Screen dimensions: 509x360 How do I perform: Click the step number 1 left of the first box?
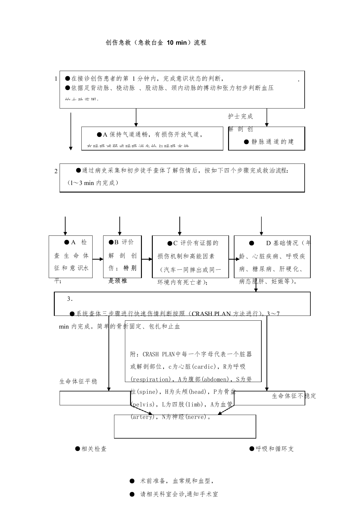[56, 79]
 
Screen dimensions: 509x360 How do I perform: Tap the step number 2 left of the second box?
[56, 171]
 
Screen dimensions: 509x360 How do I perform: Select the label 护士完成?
[240, 116]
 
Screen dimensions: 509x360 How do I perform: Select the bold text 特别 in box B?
[130, 268]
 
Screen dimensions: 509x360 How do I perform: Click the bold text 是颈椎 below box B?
[118, 281]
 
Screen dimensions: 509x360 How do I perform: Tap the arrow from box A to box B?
[98, 259]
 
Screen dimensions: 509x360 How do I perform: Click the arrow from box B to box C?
[147, 259]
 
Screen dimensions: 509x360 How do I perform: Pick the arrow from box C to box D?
[234, 259]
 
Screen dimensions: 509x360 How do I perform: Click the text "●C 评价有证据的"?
[193, 243]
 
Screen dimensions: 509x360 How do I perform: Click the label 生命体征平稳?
[78, 381]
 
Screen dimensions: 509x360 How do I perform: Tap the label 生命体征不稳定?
[294, 396]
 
